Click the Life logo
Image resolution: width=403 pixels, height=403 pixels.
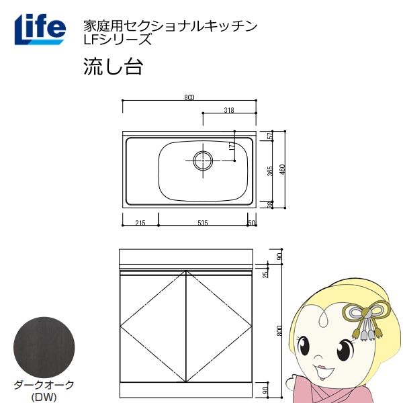[40, 30]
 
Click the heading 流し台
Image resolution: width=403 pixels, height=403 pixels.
[113, 66]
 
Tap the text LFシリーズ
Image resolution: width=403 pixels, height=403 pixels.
[118, 40]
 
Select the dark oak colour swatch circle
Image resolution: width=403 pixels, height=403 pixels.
[44, 347]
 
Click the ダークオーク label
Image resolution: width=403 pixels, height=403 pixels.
[44, 386]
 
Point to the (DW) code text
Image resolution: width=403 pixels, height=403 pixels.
[44, 397]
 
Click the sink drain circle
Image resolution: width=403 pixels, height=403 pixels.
[203, 161]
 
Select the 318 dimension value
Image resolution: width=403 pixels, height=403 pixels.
[229, 110]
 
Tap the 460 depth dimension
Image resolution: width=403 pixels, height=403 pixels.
[282, 169]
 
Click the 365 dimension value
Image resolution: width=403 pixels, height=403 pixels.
[270, 171]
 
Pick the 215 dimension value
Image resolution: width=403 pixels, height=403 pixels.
[140, 223]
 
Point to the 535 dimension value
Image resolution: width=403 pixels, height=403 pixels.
[203, 223]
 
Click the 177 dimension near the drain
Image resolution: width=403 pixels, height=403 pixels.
[232, 146]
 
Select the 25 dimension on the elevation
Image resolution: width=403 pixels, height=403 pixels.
[265, 274]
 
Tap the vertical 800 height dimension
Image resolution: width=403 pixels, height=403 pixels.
[279, 330]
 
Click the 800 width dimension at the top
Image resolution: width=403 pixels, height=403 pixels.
[189, 97]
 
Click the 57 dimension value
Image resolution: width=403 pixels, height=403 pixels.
[270, 136]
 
